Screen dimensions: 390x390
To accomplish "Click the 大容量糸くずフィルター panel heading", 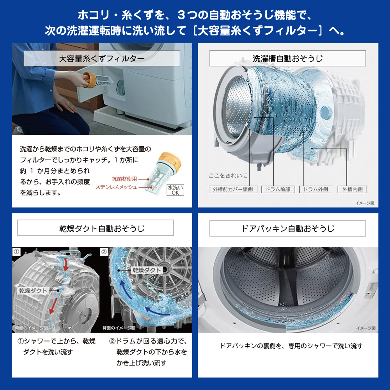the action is (x=102, y=58).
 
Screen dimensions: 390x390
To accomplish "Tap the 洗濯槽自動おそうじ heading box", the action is (x=287, y=58).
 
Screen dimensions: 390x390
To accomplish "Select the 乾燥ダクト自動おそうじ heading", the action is (x=95, y=228).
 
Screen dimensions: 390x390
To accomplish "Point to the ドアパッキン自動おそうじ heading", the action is (x=287, y=228).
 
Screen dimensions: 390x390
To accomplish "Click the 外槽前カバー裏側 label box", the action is (x=233, y=189).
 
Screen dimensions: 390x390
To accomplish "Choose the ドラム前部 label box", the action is (x=278, y=189).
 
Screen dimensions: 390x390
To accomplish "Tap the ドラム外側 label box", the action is (x=316, y=189).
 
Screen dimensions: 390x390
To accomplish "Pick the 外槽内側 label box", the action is (x=352, y=189).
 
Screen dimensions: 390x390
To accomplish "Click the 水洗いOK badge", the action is (x=175, y=190).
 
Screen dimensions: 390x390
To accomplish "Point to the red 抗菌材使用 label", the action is (x=124, y=179).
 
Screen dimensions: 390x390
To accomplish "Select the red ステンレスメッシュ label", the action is (x=116, y=187).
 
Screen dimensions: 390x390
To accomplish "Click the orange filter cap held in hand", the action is (x=89, y=80).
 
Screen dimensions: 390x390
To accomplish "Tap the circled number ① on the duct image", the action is (x=16, y=252).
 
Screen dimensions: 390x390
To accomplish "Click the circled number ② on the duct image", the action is (x=104, y=252).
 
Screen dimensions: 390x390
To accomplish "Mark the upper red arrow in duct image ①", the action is (x=66, y=264).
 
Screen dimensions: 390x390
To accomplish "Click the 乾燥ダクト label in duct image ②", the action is (x=147, y=270).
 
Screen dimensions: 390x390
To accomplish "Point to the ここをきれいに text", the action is (x=228, y=175).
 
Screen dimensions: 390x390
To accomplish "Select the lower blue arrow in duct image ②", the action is (x=157, y=311).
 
